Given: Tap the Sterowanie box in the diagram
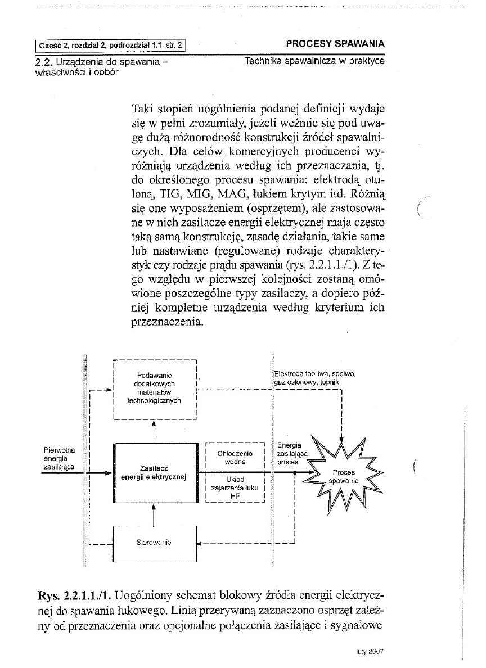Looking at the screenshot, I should tap(154, 543).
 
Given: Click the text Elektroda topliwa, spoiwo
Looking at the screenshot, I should tap(315, 374).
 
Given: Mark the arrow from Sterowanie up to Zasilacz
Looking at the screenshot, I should tap(154, 513).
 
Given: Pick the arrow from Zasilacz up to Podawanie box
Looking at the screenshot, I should tap(154, 430).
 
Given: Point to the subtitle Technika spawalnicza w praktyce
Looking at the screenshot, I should tap(315, 61).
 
